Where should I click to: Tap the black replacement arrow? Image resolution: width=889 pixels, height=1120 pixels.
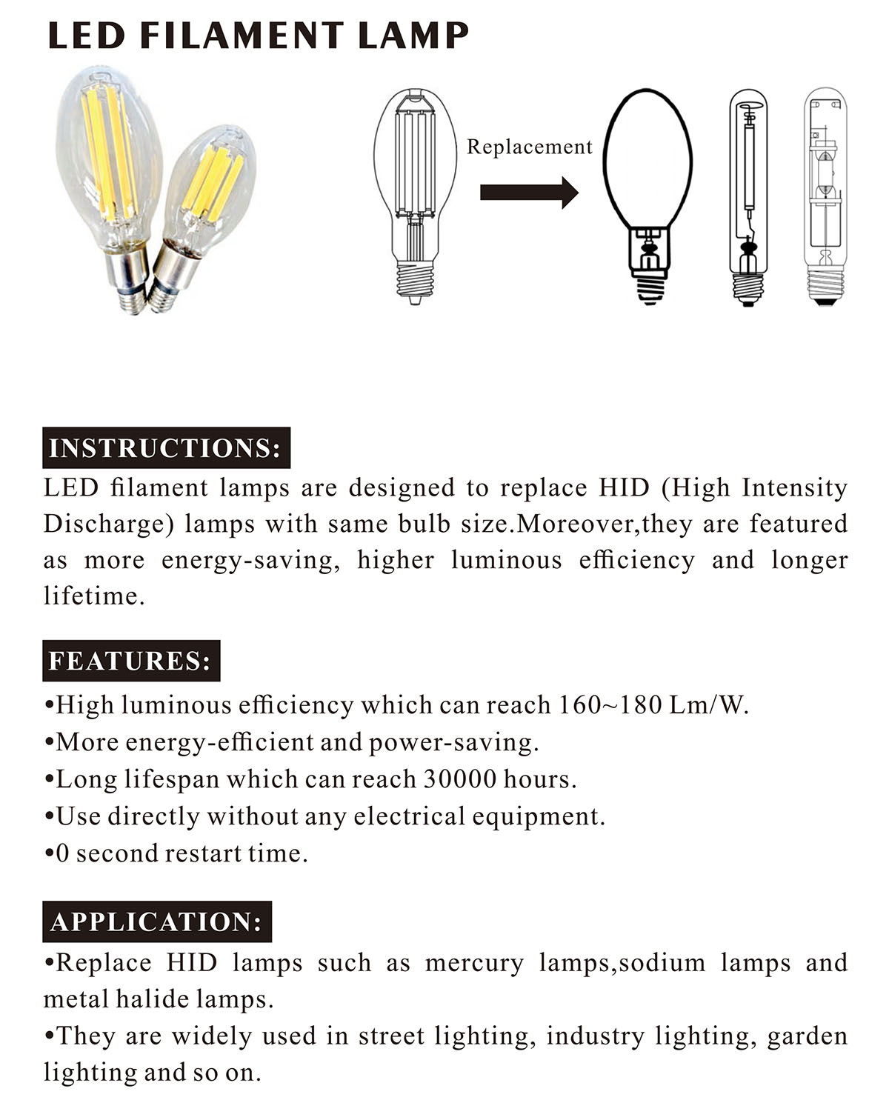coord(529,193)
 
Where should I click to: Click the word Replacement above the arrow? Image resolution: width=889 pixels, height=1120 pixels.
coord(530,147)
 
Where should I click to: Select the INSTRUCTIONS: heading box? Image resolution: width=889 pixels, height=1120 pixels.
coord(166,448)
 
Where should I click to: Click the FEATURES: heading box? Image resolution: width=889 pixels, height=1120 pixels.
coord(131,661)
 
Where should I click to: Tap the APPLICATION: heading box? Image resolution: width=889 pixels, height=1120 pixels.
coord(157,921)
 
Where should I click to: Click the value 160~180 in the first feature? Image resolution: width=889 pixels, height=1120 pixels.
coord(610,704)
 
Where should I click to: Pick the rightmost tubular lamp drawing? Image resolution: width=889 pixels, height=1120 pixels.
coord(825,196)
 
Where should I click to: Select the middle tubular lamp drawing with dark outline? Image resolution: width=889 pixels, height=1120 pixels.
coord(748,196)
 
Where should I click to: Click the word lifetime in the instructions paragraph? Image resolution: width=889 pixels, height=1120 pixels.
coord(92,596)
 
